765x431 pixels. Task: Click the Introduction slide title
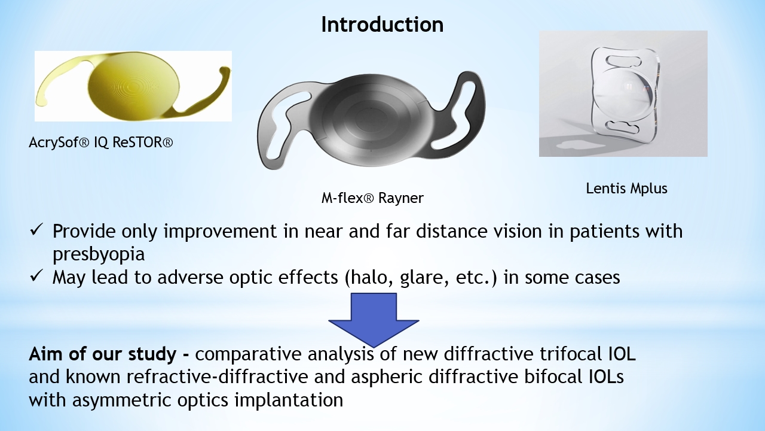click(x=382, y=25)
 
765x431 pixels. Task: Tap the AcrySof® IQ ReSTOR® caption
click(x=101, y=142)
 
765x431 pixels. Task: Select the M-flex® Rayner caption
click(x=372, y=198)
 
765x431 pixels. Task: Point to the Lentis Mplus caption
click(x=626, y=189)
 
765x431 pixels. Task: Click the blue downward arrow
click(x=374, y=320)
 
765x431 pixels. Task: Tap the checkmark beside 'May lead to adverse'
click(x=36, y=275)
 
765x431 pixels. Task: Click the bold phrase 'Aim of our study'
click(x=102, y=354)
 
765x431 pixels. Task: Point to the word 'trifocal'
click(x=571, y=354)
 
